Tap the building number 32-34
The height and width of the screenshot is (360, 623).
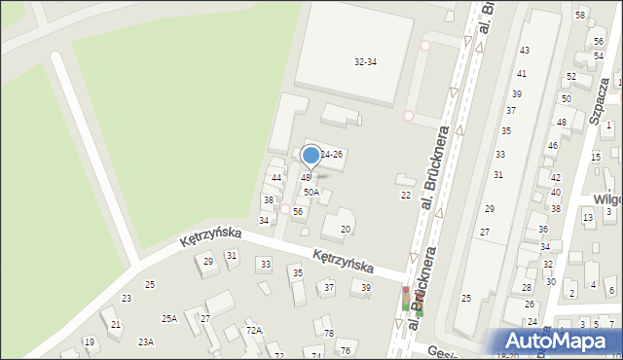pos(365,61)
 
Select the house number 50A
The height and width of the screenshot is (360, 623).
pos(311,193)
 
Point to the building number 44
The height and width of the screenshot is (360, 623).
pos(276,178)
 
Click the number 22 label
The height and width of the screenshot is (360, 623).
pos(406,196)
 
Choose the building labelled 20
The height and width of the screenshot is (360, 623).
pos(345,230)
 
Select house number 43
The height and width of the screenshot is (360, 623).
pos(524,50)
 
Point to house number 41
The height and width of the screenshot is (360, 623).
pos(522,74)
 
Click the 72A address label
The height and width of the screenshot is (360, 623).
pos(253,332)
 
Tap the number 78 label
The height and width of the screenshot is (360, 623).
pos(329,334)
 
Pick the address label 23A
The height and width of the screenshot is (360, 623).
pos(146,342)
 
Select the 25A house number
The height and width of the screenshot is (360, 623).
pos(169,319)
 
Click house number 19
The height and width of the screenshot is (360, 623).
pos(89,342)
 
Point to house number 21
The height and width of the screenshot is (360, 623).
pos(116,324)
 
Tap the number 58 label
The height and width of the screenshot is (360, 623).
pos(580,16)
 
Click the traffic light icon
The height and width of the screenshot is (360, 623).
pos(406,299)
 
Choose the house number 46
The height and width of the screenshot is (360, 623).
pos(551,146)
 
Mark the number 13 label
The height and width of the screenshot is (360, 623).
pos(588,217)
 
